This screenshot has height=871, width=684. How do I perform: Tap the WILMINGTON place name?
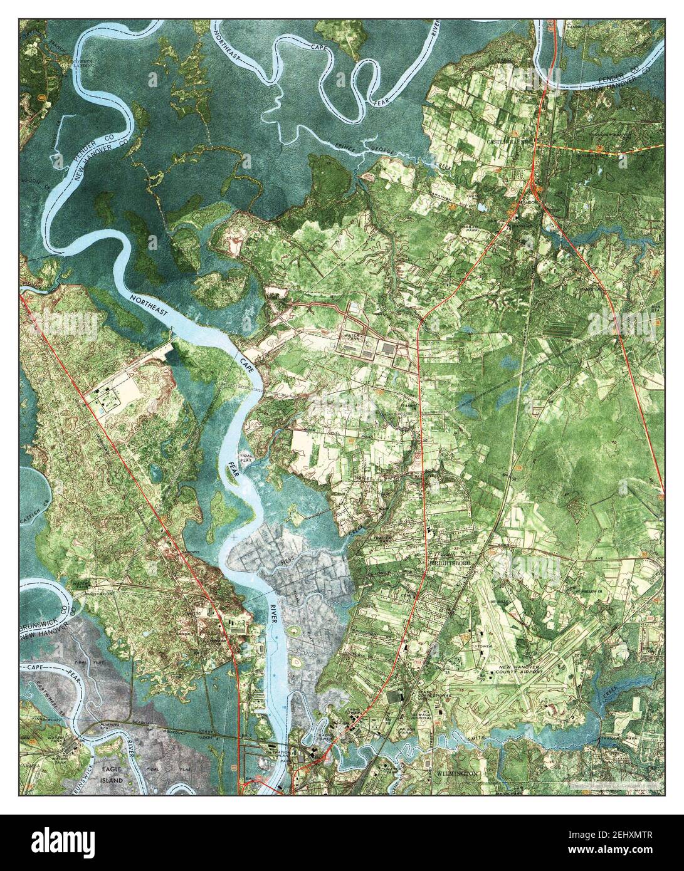tap(457, 775)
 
